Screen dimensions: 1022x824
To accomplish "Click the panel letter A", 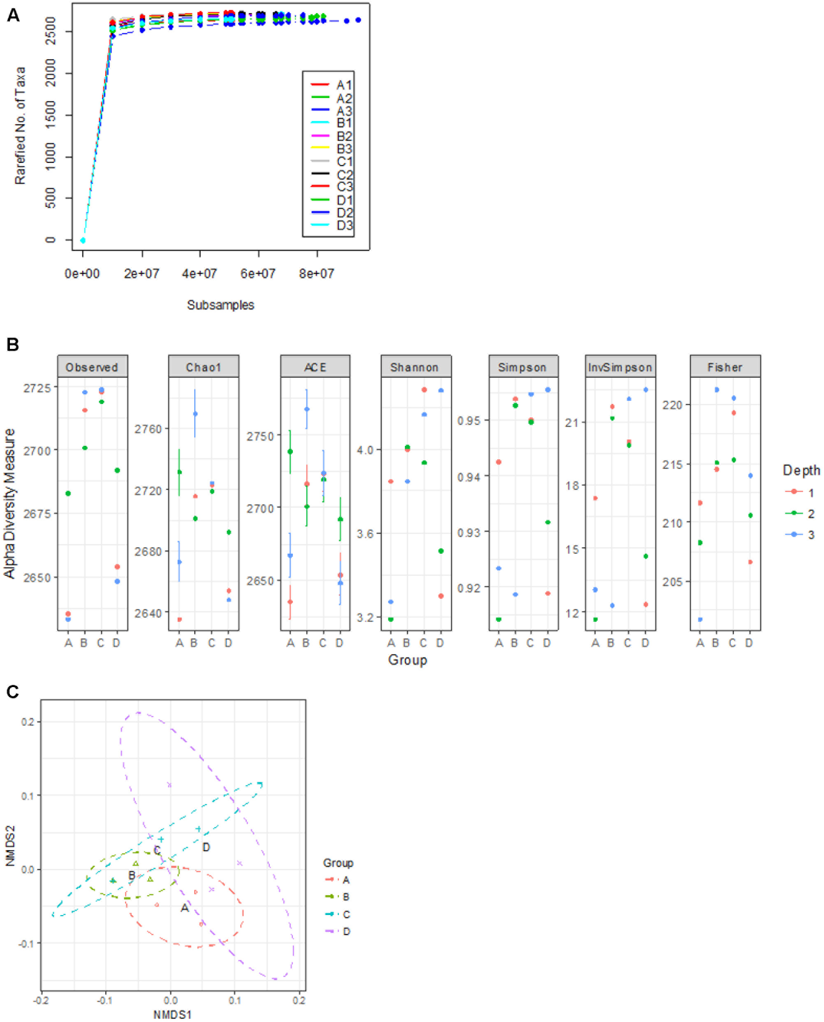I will coord(13,15).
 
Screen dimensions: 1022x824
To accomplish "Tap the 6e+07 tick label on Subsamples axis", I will coord(258,274).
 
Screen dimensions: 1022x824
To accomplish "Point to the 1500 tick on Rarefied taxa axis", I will coord(50,114).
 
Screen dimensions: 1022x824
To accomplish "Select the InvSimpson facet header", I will coord(620,367).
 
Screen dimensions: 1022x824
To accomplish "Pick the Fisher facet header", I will coord(725,367).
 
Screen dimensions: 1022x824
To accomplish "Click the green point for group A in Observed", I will coord(68,493).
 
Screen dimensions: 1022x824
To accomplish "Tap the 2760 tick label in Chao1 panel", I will coord(148,429).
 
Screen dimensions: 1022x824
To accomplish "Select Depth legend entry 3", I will coord(811,534).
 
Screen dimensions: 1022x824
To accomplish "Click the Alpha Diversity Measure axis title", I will coord(9,503).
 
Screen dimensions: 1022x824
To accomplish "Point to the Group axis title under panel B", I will coord(407,660).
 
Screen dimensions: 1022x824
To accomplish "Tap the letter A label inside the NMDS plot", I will coord(185,907).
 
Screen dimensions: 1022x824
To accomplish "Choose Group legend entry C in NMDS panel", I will coord(346,914).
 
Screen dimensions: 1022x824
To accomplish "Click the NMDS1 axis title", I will coord(172,1015).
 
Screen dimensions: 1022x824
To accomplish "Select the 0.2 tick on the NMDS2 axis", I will coord(28,722).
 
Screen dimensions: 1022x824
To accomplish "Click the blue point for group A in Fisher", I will coord(700,619).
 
